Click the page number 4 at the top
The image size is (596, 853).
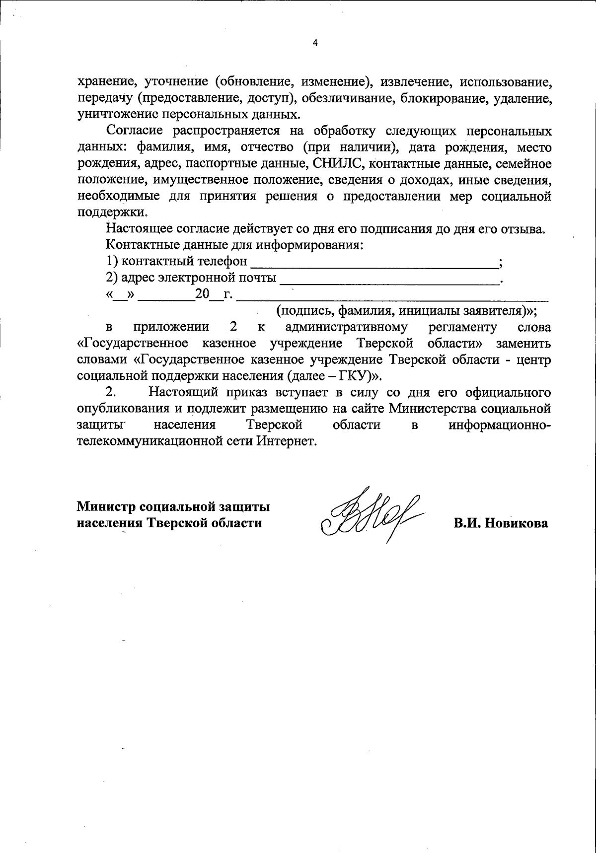click(x=314, y=43)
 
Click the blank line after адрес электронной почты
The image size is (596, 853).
click(x=389, y=278)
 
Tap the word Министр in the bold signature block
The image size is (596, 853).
click(x=106, y=507)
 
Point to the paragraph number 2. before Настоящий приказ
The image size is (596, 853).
click(x=111, y=392)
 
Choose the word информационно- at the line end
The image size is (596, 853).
click(x=500, y=425)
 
